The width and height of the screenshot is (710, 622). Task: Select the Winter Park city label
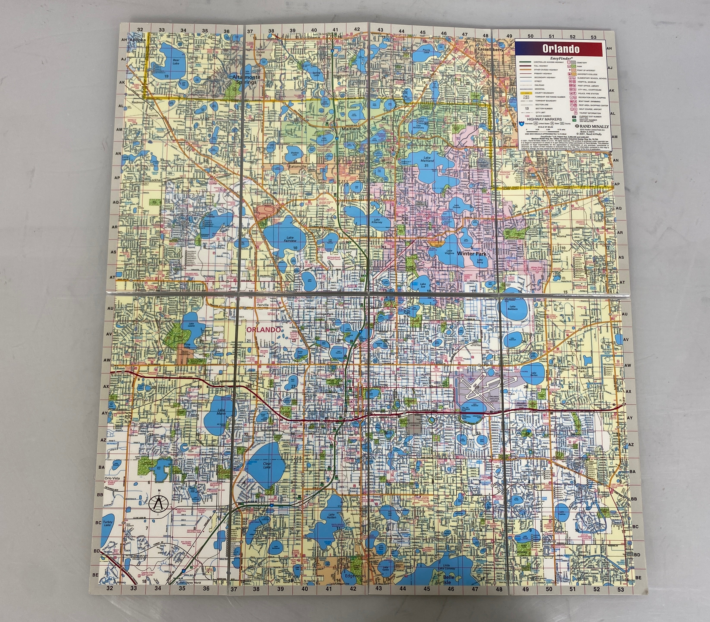[472, 254]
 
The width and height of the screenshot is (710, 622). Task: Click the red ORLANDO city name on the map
[263, 330]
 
